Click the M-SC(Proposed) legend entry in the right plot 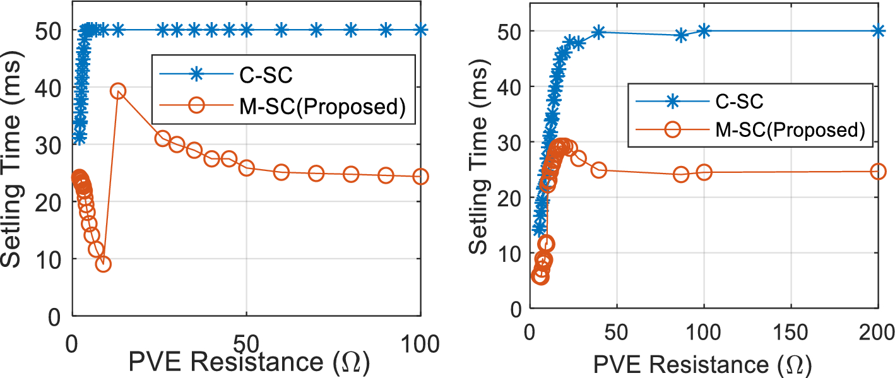click(789, 129)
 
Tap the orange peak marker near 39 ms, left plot click(118, 92)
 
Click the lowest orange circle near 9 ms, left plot click(103, 264)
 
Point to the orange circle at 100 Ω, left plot click(420, 177)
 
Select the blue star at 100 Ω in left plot click(420, 30)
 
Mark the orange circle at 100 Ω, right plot click(704, 172)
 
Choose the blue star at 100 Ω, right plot click(704, 30)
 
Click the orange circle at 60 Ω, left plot click(282, 172)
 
